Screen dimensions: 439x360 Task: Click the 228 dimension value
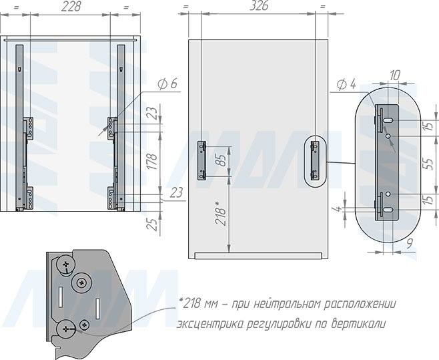(71, 7)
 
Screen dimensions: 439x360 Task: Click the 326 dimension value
(260, 6)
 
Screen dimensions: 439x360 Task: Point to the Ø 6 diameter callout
(167, 83)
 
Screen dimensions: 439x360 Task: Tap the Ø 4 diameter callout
(346, 84)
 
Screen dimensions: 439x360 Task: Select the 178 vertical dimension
(153, 161)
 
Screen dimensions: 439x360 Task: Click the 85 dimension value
(222, 160)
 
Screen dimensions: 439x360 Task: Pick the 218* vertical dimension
(221, 213)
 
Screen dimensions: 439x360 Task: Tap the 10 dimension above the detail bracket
(394, 75)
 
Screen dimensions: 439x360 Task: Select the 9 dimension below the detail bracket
(409, 243)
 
